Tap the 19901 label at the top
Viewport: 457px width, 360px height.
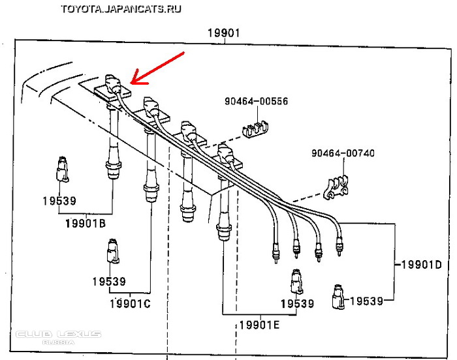[x=225, y=33]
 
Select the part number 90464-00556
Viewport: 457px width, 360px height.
[x=256, y=102]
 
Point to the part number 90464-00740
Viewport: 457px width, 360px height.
[x=343, y=153]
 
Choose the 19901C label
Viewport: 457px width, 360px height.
[x=130, y=303]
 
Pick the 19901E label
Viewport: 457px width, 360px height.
[x=259, y=324]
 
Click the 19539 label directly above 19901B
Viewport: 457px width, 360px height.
[x=57, y=201]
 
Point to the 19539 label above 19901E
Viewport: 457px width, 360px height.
[x=297, y=303]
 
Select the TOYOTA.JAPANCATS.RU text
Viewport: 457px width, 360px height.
[x=121, y=9]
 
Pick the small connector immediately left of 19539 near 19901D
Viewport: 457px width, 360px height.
[x=338, y=296]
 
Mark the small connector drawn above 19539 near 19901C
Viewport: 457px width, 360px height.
[x=112, y=251]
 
